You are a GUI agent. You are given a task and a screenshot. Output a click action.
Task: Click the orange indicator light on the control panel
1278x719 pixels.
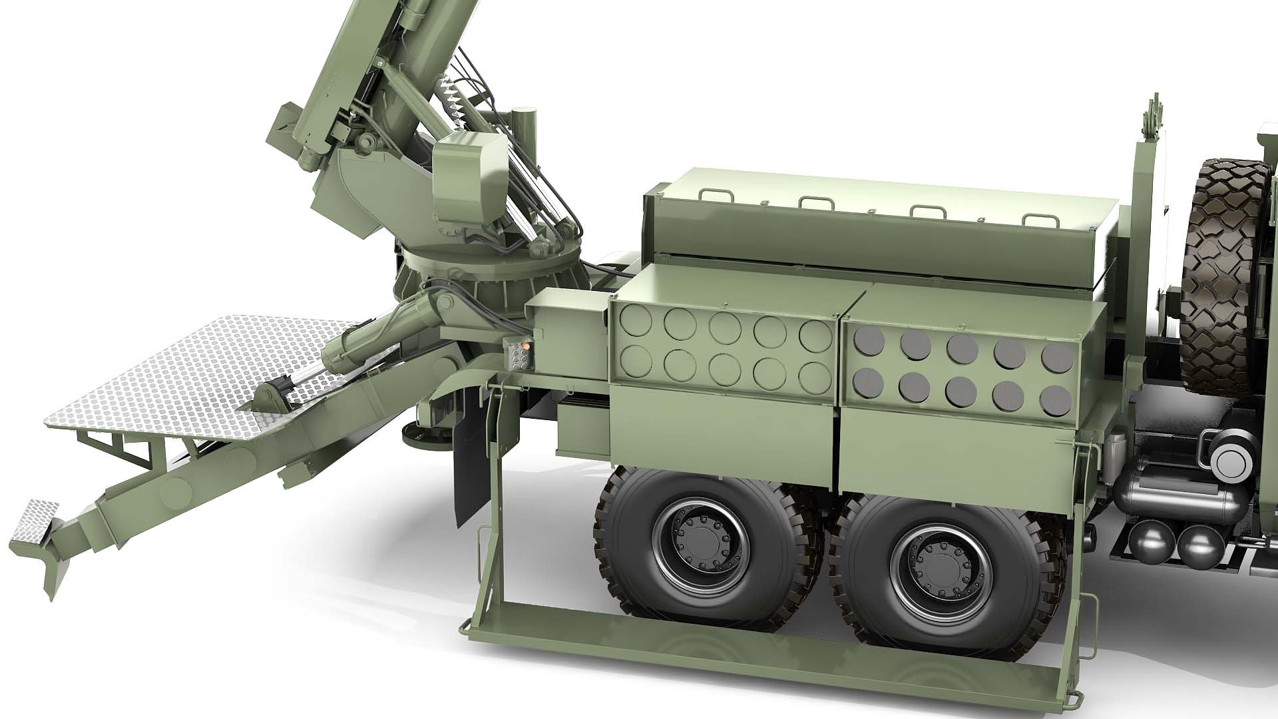click(x=526, y=346)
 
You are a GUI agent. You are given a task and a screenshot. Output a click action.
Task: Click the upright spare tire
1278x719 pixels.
click(x=1225, y=266)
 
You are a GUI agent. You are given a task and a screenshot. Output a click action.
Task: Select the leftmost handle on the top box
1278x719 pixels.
click(x=716, y=194)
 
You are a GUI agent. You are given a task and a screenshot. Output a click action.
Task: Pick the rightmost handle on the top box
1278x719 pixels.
click(x=1038, y=220)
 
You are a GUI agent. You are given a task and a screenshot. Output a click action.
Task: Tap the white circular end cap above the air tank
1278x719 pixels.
click(x=1229, y=457)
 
